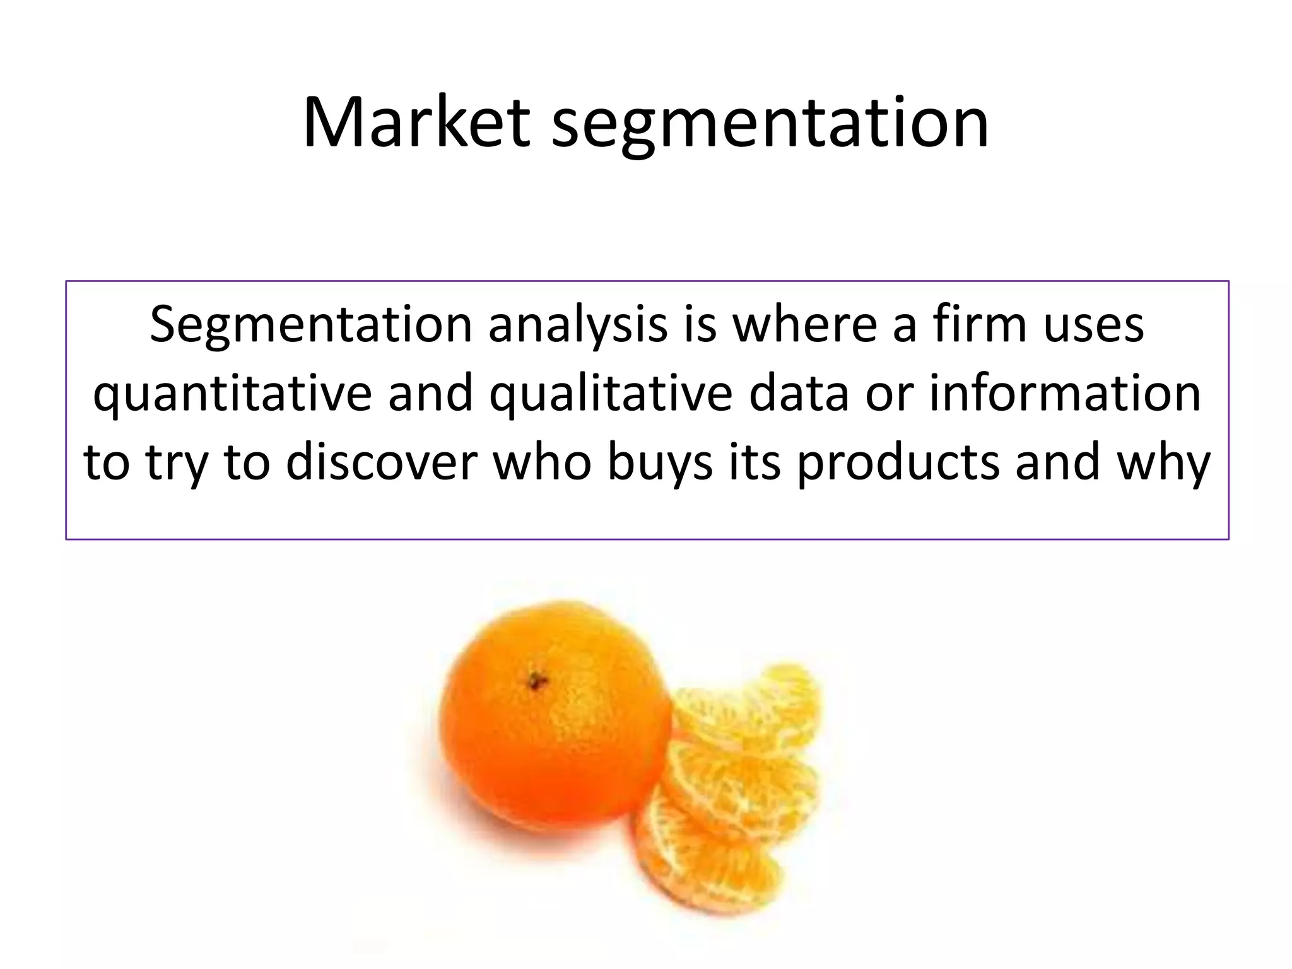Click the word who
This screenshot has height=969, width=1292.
point(543,462)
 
